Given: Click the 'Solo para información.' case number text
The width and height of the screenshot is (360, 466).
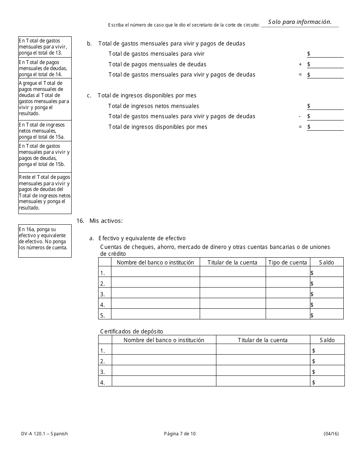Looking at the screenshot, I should click(300, 22).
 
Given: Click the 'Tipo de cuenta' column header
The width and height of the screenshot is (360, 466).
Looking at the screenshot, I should click(288, 262).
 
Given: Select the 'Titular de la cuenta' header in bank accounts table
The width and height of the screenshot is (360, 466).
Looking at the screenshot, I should click(233, 262).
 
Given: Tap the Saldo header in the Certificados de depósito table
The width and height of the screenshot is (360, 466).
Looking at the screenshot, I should click(327, 340).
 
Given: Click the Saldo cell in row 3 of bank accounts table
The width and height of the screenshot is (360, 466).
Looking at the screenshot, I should click(327, 294).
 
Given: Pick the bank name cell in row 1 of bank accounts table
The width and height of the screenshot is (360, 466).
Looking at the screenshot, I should click(155, 273).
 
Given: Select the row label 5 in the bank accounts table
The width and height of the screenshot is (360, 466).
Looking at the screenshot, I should click(103, 315).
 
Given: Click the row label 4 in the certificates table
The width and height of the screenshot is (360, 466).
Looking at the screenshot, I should click(103, 383).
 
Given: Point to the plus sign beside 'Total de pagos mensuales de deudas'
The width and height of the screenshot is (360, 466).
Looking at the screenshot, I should click(300, 64).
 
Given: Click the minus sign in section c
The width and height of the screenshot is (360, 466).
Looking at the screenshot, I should click(300, 116).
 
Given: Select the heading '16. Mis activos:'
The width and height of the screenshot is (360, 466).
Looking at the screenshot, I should click(100, 220).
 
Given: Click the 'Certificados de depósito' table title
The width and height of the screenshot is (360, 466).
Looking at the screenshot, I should click(131, 332).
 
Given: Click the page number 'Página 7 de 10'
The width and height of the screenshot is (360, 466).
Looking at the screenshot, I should click(180, 434).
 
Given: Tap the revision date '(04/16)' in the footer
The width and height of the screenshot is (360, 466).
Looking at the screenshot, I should click(331, 434).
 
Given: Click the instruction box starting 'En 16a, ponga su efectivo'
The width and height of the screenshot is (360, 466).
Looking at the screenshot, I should click(45, 241).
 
